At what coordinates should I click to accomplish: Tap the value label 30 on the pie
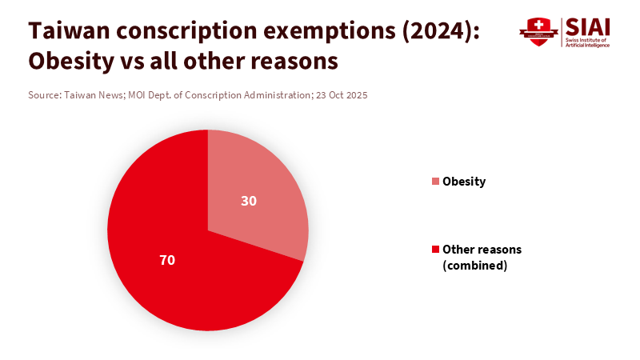[249, 201]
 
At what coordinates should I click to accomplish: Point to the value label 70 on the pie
[167, 260]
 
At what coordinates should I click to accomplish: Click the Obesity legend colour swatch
[435, 182]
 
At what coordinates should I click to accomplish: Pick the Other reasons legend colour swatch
[435, 250]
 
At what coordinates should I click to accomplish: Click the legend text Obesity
[464, 182]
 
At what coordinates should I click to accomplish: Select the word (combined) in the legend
[475, 266]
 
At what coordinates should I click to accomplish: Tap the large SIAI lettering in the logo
[587, 26]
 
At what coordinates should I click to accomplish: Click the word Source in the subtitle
[43, 94]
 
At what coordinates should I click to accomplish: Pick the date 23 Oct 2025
[342, 94]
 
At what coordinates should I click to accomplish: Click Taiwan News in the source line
[94, 94]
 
